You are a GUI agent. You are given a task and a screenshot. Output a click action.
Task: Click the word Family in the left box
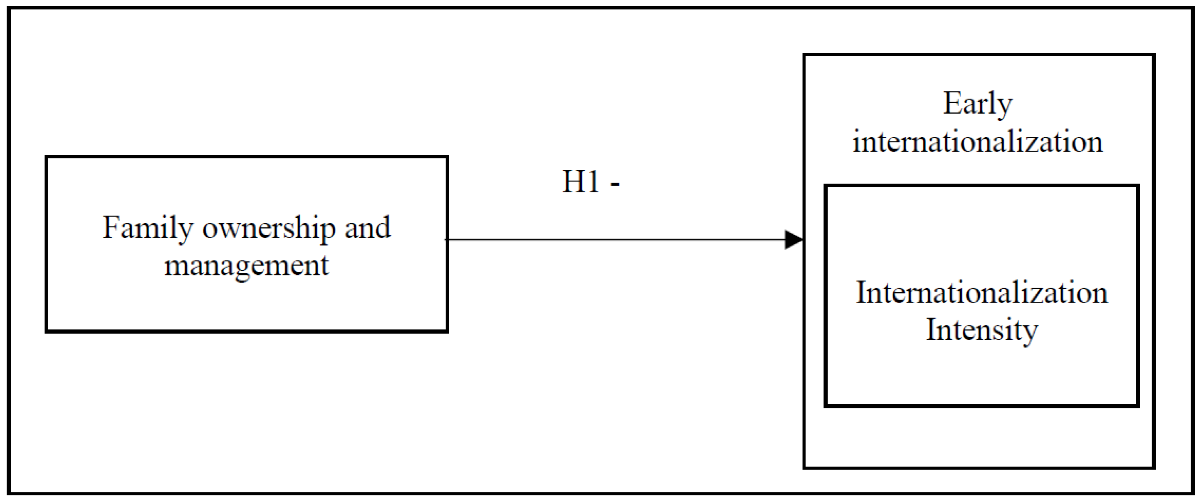pyautogui.click(x=147, y=228)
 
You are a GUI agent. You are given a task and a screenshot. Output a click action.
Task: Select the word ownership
pyautogui.click(x=269, y=228)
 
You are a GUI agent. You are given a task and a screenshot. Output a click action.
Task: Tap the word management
pyautogui.click(x=246, y=266)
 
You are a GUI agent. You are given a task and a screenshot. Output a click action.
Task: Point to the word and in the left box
pyautogui.click(x=367, y=228)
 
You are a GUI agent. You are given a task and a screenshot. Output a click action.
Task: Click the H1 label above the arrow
pyautogui.click(x=581, y=181)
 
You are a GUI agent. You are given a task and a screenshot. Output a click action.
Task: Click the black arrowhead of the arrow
pyautogui.click(x=793, y=240)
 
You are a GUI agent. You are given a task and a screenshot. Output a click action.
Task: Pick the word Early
pyautogui.click(x=978, y=104)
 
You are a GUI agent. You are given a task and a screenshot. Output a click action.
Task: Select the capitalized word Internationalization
pyautogui.click(x=982, y=293)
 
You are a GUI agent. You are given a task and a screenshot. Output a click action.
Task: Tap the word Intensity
pyautogui.click(x=982, y=331)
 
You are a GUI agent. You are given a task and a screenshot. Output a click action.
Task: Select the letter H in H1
pyautogui.click(x=573, y=181)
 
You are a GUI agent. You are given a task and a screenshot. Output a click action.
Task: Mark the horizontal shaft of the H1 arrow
pyautogui.click(x=615, y=240)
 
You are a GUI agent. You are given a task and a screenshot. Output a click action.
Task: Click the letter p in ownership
pyautogui.click(x=328, y=231)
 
